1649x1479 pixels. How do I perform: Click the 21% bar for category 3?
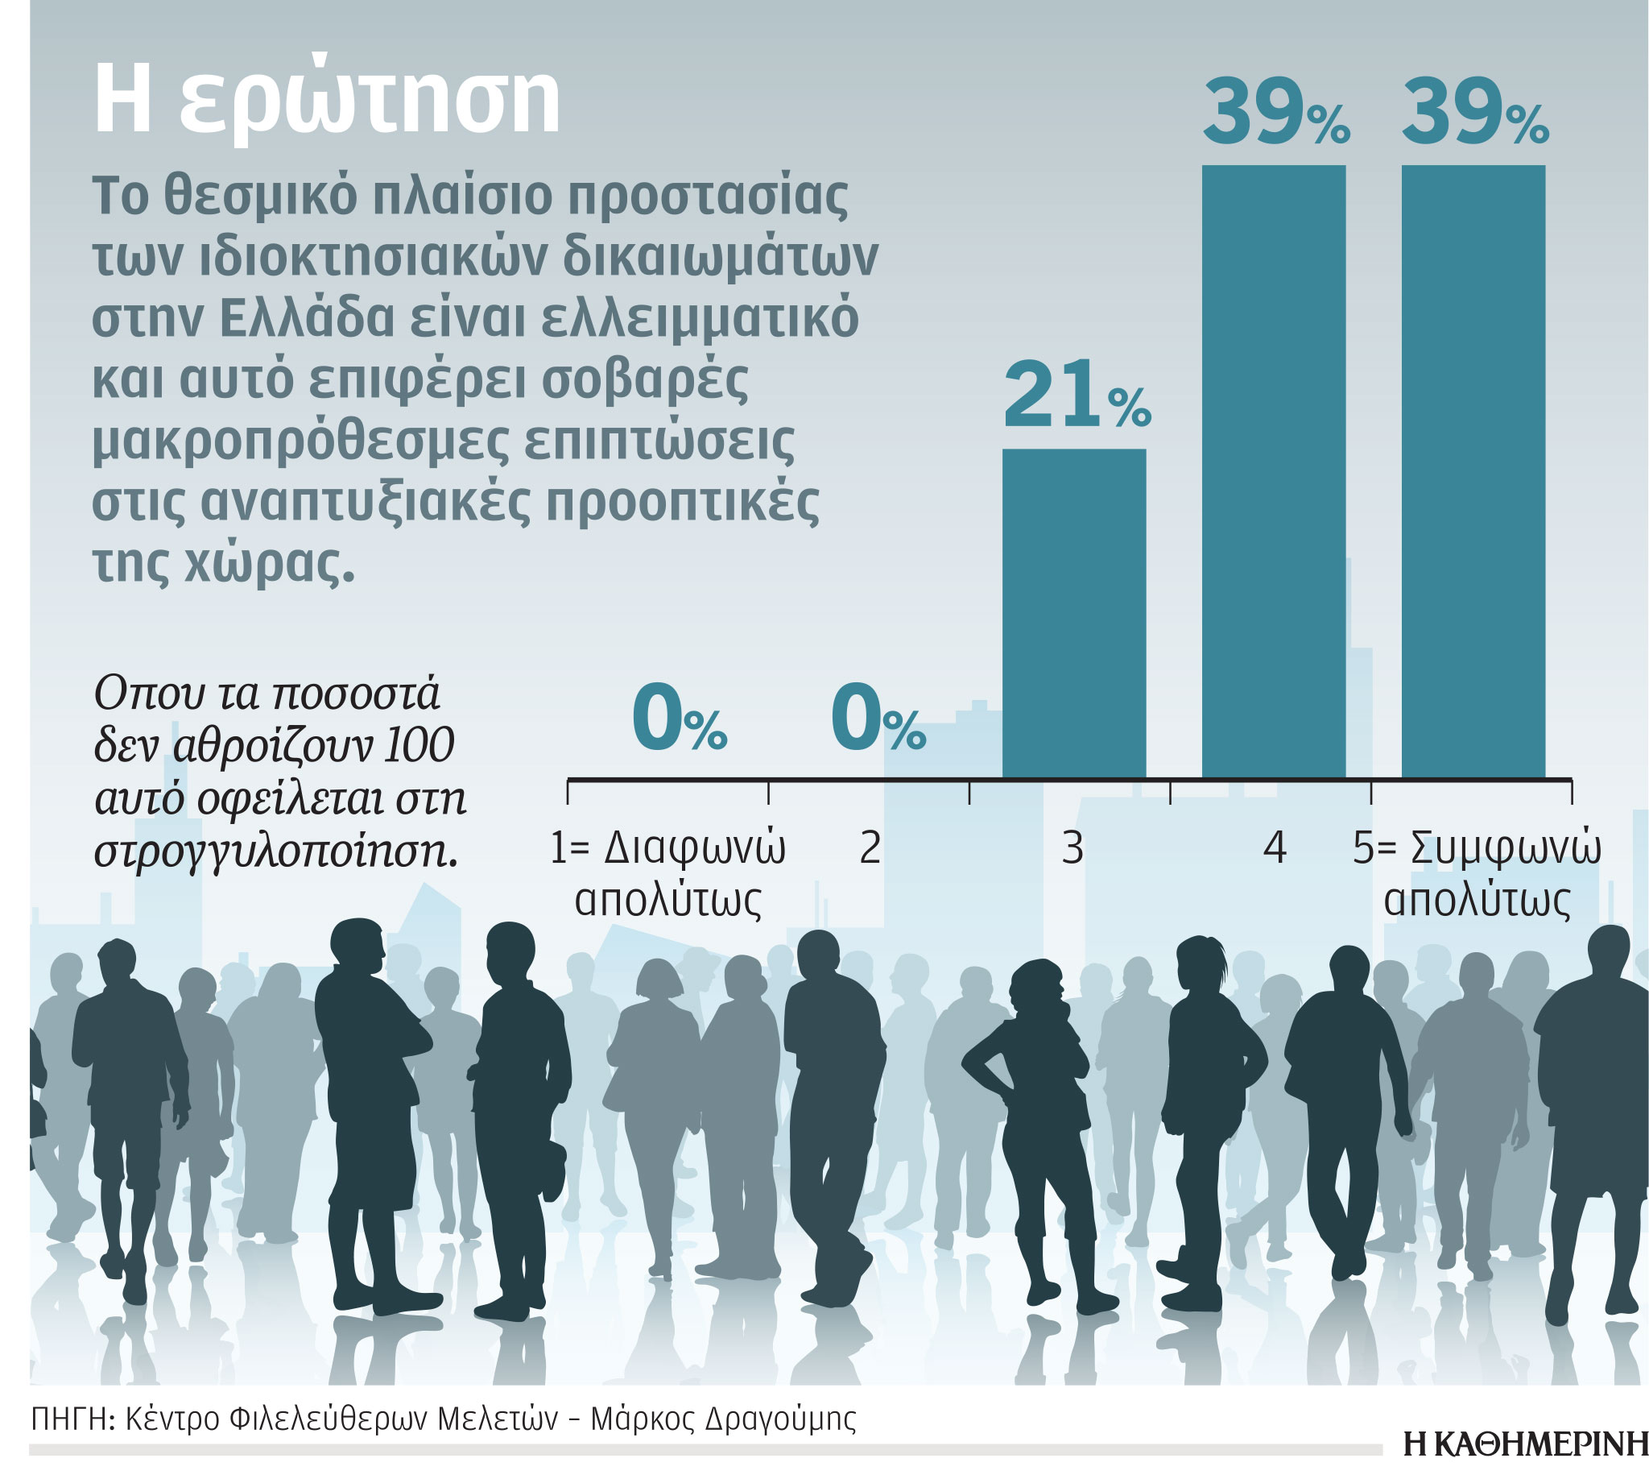(x=1073, y=614)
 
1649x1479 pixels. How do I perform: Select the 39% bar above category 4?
(x=1273, y=471)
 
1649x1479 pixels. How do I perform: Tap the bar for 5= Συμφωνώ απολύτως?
(x=1473, y=471)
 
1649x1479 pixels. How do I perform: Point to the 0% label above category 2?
(x=878, y=719)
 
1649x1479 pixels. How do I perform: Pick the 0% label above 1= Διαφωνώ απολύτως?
(x=678, y=719)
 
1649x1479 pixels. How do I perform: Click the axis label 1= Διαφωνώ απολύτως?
(x=667, y=874)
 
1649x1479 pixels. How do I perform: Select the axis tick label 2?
(x=870, y=848)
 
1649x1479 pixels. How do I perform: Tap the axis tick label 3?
(x=1072, y=848)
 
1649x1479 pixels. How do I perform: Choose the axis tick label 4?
(x=1275, y=848)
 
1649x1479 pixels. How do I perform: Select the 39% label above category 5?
(x=1474, y=114)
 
